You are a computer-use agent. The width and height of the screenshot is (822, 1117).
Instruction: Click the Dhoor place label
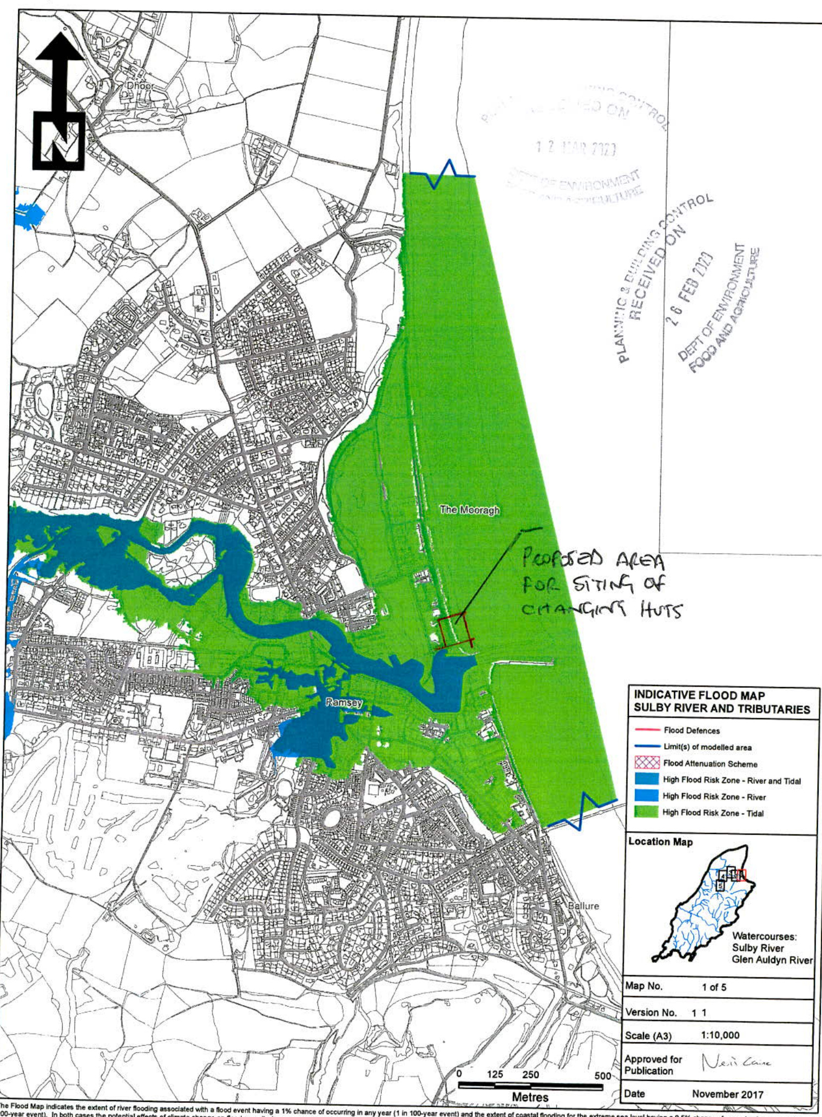pos(140,86)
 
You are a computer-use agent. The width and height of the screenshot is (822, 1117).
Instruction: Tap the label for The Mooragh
pos(469,509)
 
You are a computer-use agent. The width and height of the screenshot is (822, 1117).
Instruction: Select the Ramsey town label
pos(344,703)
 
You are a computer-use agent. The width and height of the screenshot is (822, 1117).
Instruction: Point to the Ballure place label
pos(583,906)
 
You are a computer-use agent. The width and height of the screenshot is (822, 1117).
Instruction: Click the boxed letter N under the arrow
pos(58,141)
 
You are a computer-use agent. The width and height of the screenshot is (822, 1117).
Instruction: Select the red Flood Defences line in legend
pos(647,730)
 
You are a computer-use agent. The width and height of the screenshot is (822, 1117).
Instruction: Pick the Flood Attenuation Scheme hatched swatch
pos(647,763)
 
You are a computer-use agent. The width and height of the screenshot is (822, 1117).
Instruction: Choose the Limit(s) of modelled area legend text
pos(707,747)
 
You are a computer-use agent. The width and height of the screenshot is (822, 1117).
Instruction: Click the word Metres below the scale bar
pos(530,1097)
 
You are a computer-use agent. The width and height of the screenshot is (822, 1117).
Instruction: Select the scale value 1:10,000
pos(720,1035)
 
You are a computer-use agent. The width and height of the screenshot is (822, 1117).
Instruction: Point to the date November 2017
pos(727,1094)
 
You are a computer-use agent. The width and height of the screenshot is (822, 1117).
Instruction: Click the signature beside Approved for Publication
pos(736,1063)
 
